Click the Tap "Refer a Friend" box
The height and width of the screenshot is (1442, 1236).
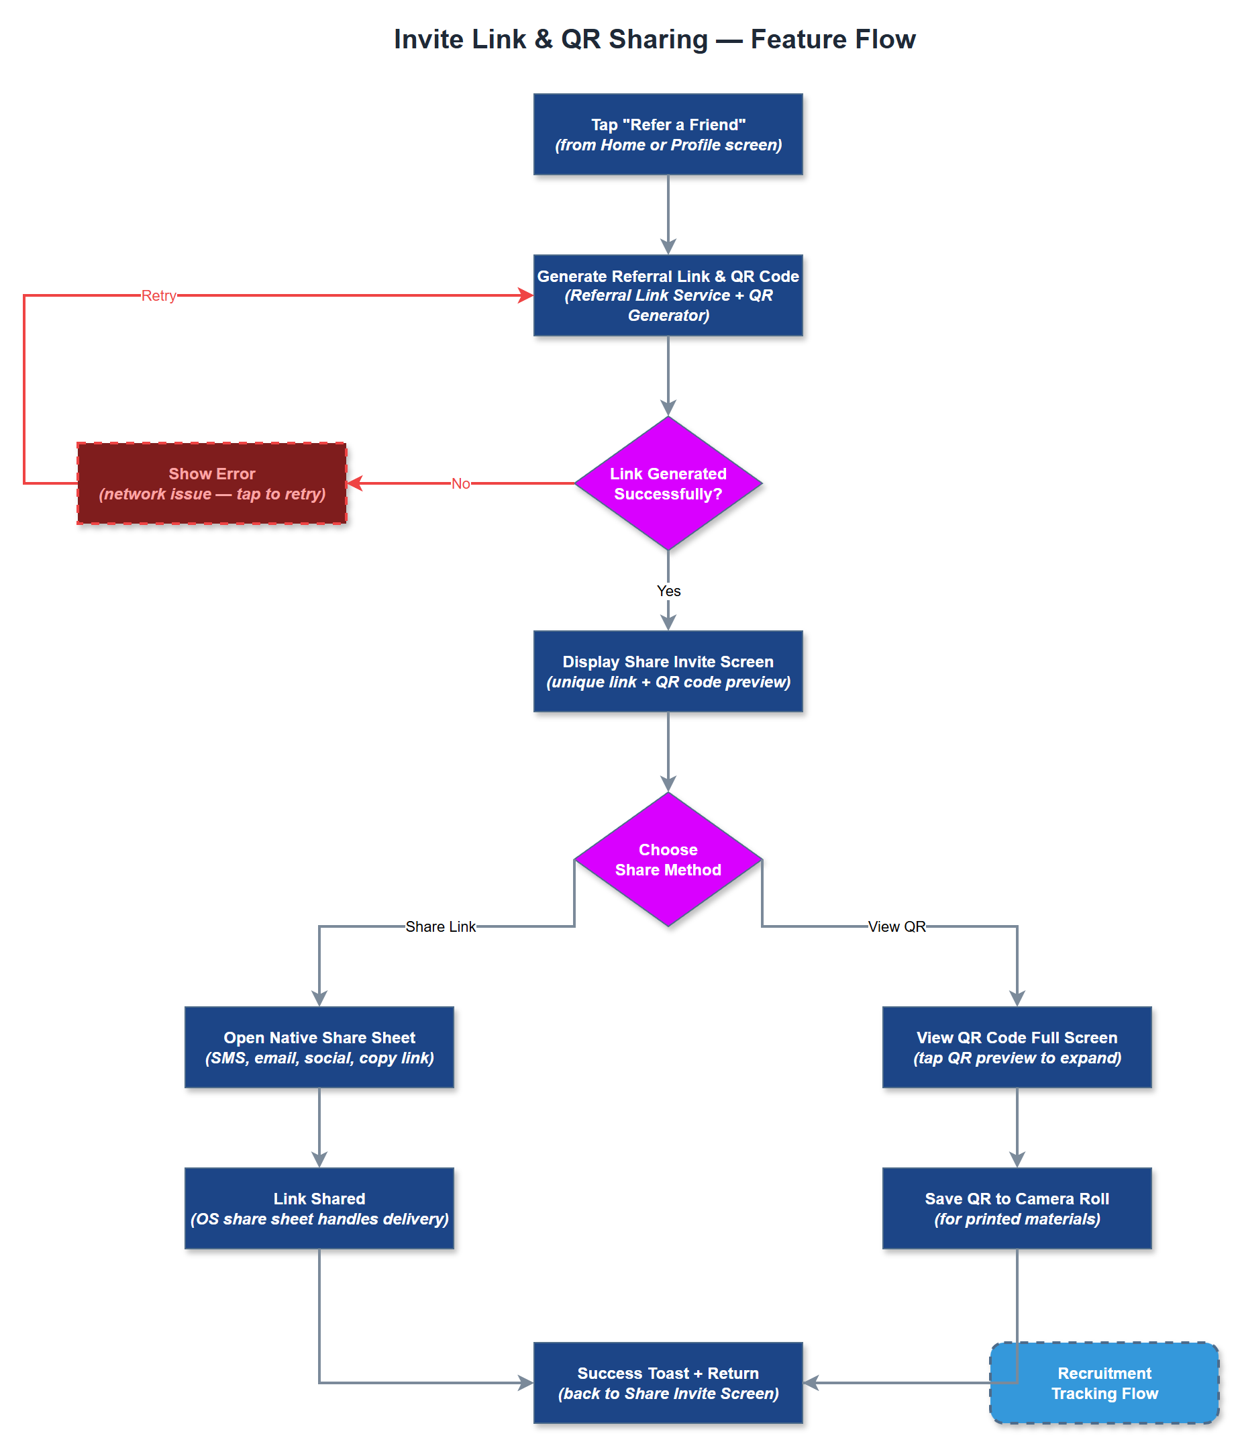point(668,134)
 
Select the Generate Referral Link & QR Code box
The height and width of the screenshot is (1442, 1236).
point(668,295)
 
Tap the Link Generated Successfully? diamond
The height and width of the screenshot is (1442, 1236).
point(668,483)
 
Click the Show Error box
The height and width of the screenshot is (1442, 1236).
point(211,483)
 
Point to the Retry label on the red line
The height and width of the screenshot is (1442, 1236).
point(158,295)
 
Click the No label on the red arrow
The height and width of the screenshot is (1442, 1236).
point(460,483)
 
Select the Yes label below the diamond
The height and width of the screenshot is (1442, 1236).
point(668,590)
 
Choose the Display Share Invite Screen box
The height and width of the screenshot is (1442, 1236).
point(668,671)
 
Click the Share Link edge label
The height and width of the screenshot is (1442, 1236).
point(440,926)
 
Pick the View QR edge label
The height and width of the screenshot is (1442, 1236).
point(896,926)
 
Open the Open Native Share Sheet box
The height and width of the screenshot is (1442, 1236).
point(319,1047)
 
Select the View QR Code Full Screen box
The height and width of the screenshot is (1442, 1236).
point(1016,1047)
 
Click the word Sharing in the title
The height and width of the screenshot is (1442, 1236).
point(658,39)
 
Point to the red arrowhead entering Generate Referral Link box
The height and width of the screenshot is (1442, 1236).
point(526,295)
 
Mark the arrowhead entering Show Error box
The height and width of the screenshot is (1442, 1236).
point(354,483)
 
